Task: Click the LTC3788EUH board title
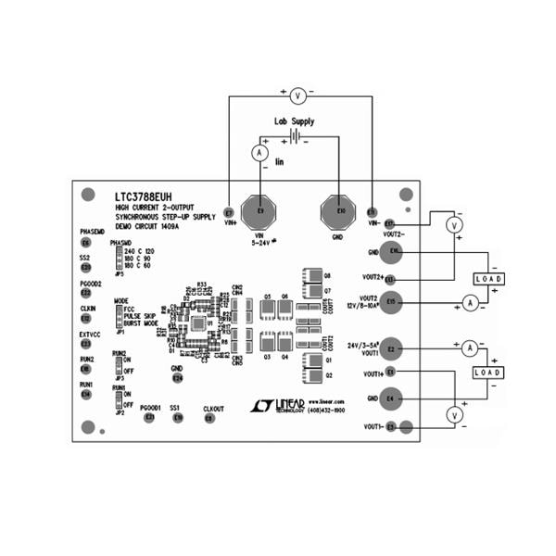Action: pos(143,197)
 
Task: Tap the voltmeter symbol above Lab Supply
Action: pos(298,95)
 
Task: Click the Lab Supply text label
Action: pos(294,121)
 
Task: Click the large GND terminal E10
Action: pos(340,212)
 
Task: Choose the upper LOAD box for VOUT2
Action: pos(488,278)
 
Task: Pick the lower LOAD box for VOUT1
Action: pos(488,372)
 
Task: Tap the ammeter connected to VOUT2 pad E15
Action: pos(470,303)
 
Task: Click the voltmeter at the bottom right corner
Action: pos(454,417)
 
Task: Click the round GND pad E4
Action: pos(391,398)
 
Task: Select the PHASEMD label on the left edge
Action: pos(92,232)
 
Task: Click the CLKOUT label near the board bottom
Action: pos(213,408)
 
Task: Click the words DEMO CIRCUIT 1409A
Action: pos(145,226)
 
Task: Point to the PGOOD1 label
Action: pos(150,407)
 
